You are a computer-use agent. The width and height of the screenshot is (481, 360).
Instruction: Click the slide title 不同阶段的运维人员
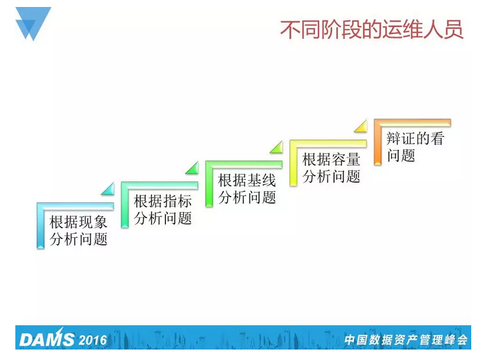click(x=371, y=30)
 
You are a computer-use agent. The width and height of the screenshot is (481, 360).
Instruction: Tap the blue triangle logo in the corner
click(x=33, y=22)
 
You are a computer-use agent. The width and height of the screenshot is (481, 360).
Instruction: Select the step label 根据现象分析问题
click(x=79, y=231)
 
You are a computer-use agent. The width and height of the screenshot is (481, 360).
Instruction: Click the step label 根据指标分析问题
click(x=162, y=209)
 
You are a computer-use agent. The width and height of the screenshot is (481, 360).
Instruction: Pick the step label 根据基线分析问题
click(x=247, y=188)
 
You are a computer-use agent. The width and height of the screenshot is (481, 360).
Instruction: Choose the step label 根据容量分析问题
click(x=331, y=167)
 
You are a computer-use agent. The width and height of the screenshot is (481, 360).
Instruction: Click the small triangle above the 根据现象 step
click(x=108, y=189)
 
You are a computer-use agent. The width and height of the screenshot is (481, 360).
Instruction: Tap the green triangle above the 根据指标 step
click(x=192, y=168)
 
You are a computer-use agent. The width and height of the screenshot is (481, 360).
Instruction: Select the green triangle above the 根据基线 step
click(x=277, y=147)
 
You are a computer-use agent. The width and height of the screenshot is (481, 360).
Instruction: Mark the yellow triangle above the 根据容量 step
click(x=361, y=126)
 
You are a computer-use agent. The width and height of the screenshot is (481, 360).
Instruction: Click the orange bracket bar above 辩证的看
click(x=412, y=123)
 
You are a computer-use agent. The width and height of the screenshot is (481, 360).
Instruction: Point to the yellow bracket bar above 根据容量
click(x=328, y=144)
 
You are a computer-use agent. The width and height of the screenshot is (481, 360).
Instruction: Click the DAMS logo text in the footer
click(x=46, y=340)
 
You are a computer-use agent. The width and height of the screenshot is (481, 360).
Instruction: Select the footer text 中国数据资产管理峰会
click(x=405, y=340)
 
